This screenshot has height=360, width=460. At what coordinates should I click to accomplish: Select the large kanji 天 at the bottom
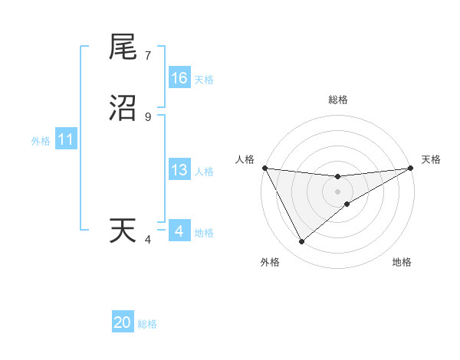point(123,231)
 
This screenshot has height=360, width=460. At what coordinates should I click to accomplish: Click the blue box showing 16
point(179,78)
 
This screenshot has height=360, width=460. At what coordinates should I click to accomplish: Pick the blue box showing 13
point(179,171)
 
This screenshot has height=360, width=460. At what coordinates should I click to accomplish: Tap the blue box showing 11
point(66,140)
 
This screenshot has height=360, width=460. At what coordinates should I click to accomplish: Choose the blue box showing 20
point(123,323)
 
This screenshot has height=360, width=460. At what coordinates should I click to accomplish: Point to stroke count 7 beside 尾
point(148,56)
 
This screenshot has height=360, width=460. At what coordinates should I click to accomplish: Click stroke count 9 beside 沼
point(148,117)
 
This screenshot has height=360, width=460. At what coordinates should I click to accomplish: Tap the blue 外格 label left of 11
point(41,141)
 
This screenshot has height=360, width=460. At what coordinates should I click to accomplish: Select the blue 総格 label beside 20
point(147,324)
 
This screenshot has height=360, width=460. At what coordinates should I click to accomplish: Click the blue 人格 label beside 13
point(204,172)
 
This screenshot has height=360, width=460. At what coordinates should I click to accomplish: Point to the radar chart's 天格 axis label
point(431,159)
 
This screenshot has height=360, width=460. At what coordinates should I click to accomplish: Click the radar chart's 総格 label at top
point(338,100)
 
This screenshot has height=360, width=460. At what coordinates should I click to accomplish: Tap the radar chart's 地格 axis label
point(402,262)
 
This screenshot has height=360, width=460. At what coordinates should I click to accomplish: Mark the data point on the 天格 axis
point(411,168)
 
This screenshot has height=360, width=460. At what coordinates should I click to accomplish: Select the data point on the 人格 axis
point(264,168)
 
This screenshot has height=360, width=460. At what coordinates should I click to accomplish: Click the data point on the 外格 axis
point(301,242)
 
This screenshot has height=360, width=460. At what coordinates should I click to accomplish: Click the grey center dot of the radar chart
point(338,191)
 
